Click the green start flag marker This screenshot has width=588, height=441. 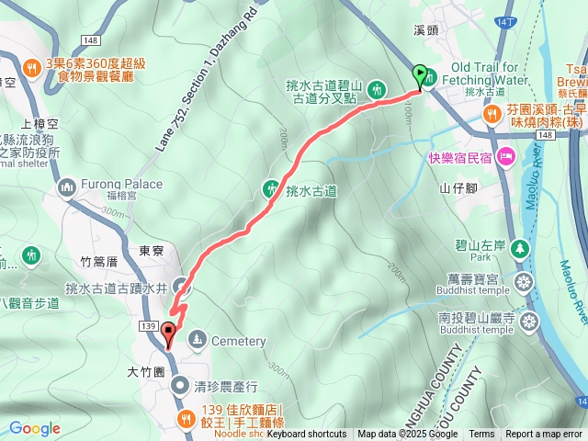coord(421,75)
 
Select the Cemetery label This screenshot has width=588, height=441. coord(237,342)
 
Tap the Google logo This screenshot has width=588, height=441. coord(35,428)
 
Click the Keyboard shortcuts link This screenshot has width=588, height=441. coord(307,435)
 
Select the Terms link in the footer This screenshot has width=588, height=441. coord(481,435)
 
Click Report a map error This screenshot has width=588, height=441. coord(544,435)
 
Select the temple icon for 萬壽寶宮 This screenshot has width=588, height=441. coord(524,280)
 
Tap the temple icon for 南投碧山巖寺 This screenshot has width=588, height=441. coord(529,322)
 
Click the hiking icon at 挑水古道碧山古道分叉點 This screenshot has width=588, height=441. coord(376,90)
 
